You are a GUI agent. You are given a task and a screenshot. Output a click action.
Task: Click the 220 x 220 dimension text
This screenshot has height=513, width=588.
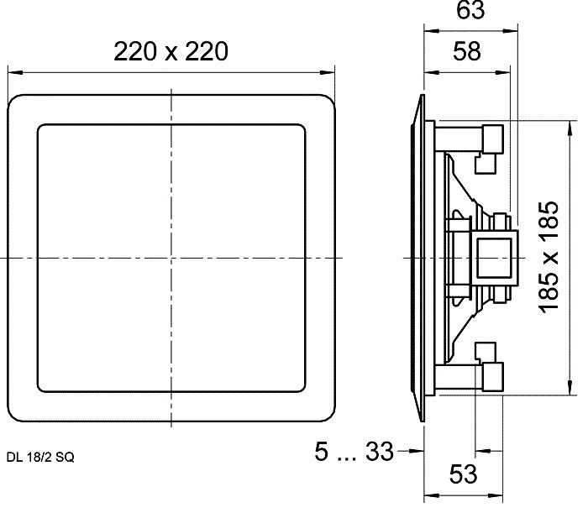171,52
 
